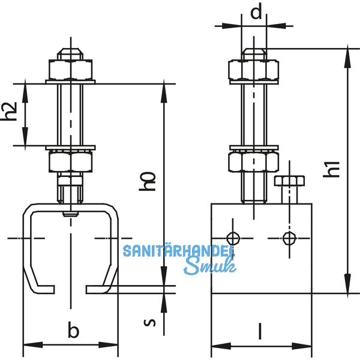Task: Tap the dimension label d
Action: [x=256, y=13]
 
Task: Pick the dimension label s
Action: [x=152, y=322]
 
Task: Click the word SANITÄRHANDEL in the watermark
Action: [x=178, y=251]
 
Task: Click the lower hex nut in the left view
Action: [x=71, y=161]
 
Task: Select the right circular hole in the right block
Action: [x=289, y=238]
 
